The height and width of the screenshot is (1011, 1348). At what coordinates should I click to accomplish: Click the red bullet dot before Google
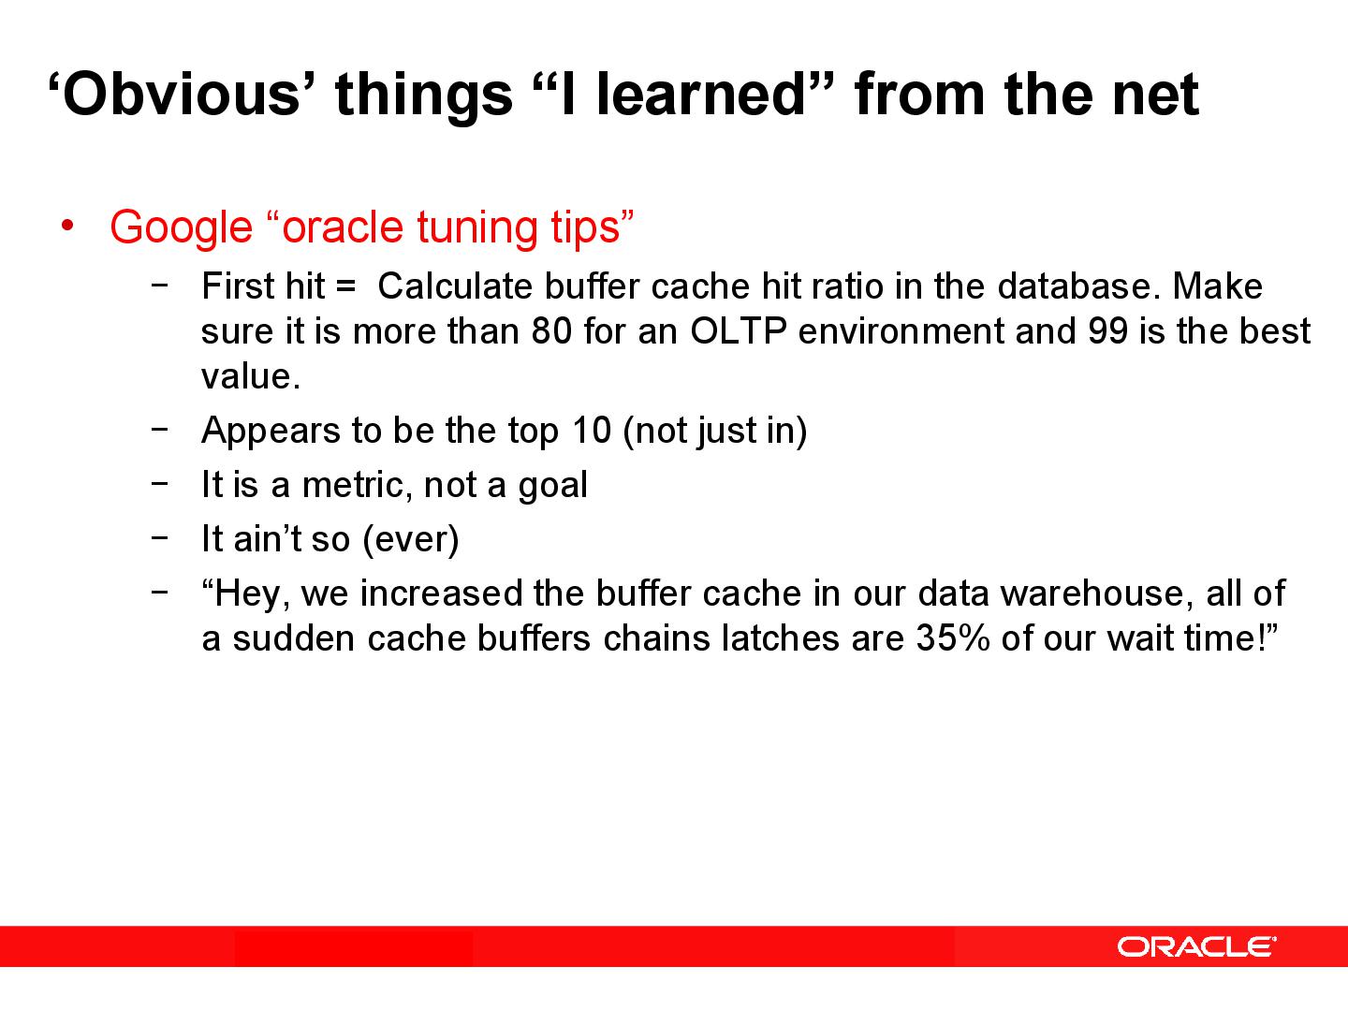pos(66,226)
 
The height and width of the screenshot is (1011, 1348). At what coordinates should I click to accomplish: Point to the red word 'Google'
pos(181,227)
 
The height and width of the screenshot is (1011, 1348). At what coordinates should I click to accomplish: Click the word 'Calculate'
pos(456,286)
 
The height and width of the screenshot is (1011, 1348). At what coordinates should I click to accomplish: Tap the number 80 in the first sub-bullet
pos(551,331)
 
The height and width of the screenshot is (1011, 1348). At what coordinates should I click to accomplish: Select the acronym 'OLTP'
pos(738,331)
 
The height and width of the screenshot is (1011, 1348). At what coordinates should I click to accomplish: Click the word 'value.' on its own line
pos(250,376)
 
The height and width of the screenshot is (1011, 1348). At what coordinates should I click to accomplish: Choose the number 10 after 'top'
pos(591,431)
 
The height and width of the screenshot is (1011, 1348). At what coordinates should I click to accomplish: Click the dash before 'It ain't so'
pos(160,537)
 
